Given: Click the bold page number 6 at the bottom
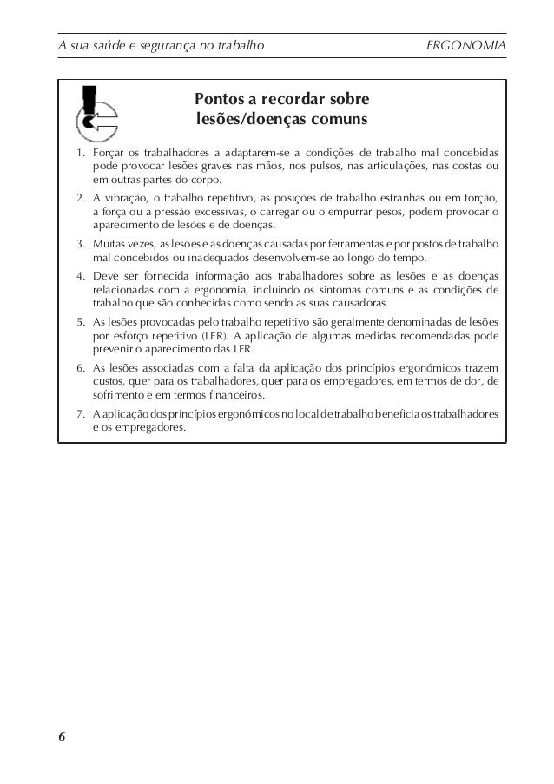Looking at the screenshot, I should tap(62, 736).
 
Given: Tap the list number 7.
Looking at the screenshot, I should tap(79, 414).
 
